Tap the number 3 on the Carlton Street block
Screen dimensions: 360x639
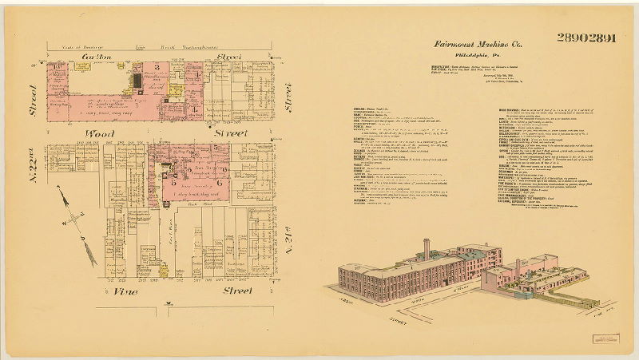click(x=157, y=67)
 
